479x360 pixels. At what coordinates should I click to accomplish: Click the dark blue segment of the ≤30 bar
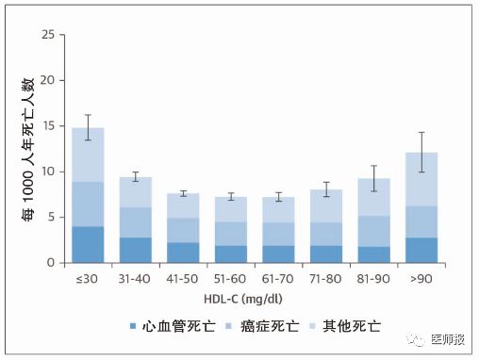(x=88, y=244)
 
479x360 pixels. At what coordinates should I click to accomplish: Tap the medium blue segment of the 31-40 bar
(x=136, y=222)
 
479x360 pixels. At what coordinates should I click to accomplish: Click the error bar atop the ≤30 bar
(x=88, y=127)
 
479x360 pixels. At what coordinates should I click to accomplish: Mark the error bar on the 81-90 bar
(x=373, y=178)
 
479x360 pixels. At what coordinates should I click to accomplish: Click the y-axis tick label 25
(x=48, y=35)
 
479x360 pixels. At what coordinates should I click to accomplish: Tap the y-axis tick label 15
(x=48, y=126)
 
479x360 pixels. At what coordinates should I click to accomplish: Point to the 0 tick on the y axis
(x=52, y=263)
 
